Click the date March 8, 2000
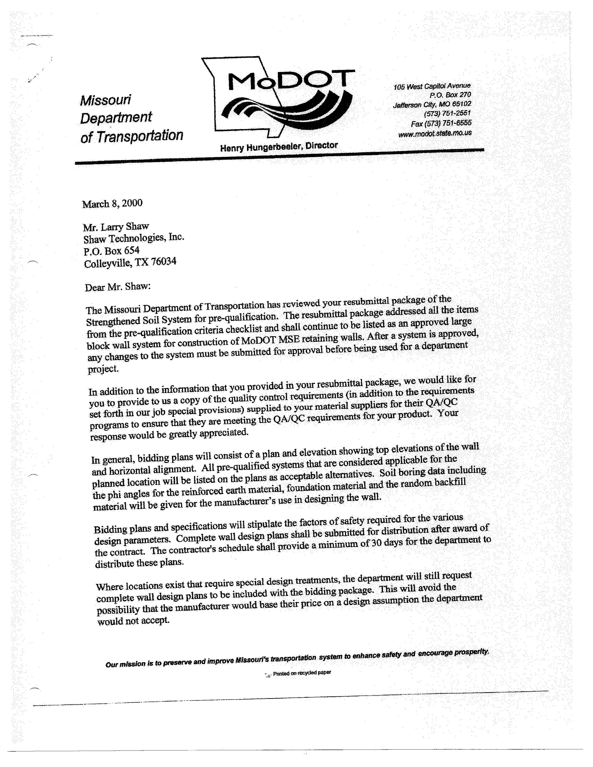[x=112, y=204]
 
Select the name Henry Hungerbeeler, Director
[x=279, y=146]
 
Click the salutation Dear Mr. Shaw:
[x=118, y=287]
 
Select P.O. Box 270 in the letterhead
[x=450, y=95]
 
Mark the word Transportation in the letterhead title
[x=140, y=136]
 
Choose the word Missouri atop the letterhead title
[x=105, y=100]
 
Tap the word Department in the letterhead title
[x=116, y=118]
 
